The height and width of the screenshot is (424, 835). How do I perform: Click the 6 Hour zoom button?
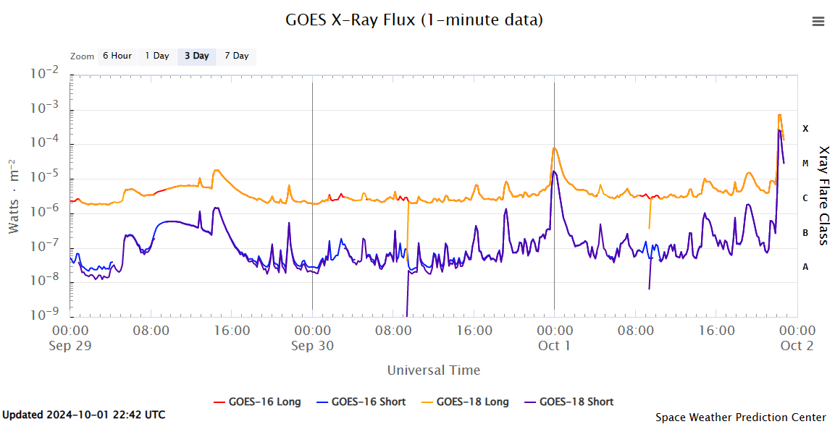click(117, 56)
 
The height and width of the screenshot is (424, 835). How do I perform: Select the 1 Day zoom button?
click(156, 56)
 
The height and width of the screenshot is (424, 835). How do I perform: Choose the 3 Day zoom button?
click(196, 56)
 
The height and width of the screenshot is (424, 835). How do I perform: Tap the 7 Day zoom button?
click(236, 56)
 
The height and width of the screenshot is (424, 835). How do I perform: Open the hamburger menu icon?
click(818, 22)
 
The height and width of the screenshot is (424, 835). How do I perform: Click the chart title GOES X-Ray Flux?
click(414, 20)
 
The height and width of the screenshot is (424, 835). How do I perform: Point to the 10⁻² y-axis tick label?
click(44, 73)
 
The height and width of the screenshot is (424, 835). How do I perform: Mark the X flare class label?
click(805, 129)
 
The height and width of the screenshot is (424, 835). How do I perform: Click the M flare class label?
click(805, 164)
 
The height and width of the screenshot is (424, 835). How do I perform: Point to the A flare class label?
click(805, 267)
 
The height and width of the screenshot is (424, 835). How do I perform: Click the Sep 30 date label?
click(312, 346)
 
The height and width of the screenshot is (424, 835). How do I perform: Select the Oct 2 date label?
click(797, 346)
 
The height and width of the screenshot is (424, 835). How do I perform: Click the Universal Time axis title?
click(433, 370)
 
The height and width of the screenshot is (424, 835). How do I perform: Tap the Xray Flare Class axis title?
click(824, 195)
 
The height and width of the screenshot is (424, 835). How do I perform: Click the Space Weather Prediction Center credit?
click(740, 417)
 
